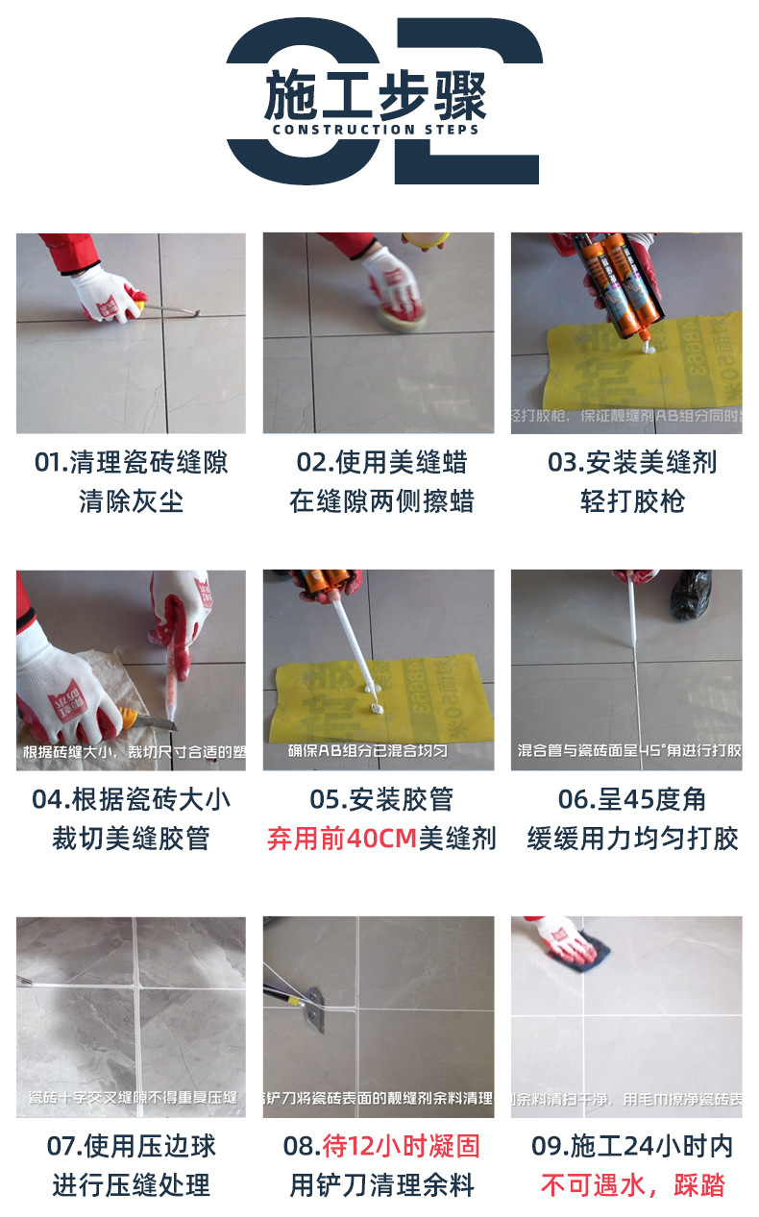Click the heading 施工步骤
point(376,95)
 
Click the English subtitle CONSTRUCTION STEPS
point(376,130)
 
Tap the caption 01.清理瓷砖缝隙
point(132,462)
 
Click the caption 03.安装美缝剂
point(631,462)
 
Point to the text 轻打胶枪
point(631,501)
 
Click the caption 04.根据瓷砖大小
point(132,799)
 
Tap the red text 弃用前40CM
point(341,839)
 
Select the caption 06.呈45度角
point(631,799)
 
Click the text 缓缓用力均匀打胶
point(631,839)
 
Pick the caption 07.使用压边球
point(132,1146)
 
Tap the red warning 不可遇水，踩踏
point(631,1185)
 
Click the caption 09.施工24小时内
point(631,1146)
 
